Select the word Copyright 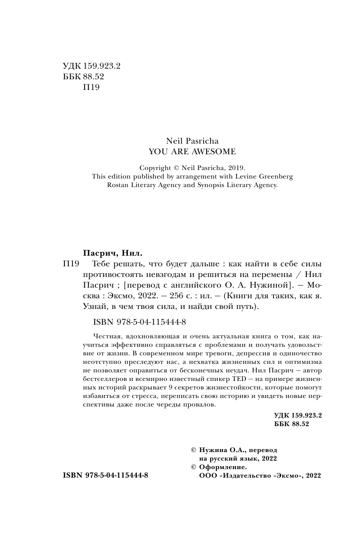156,168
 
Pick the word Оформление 223,467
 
